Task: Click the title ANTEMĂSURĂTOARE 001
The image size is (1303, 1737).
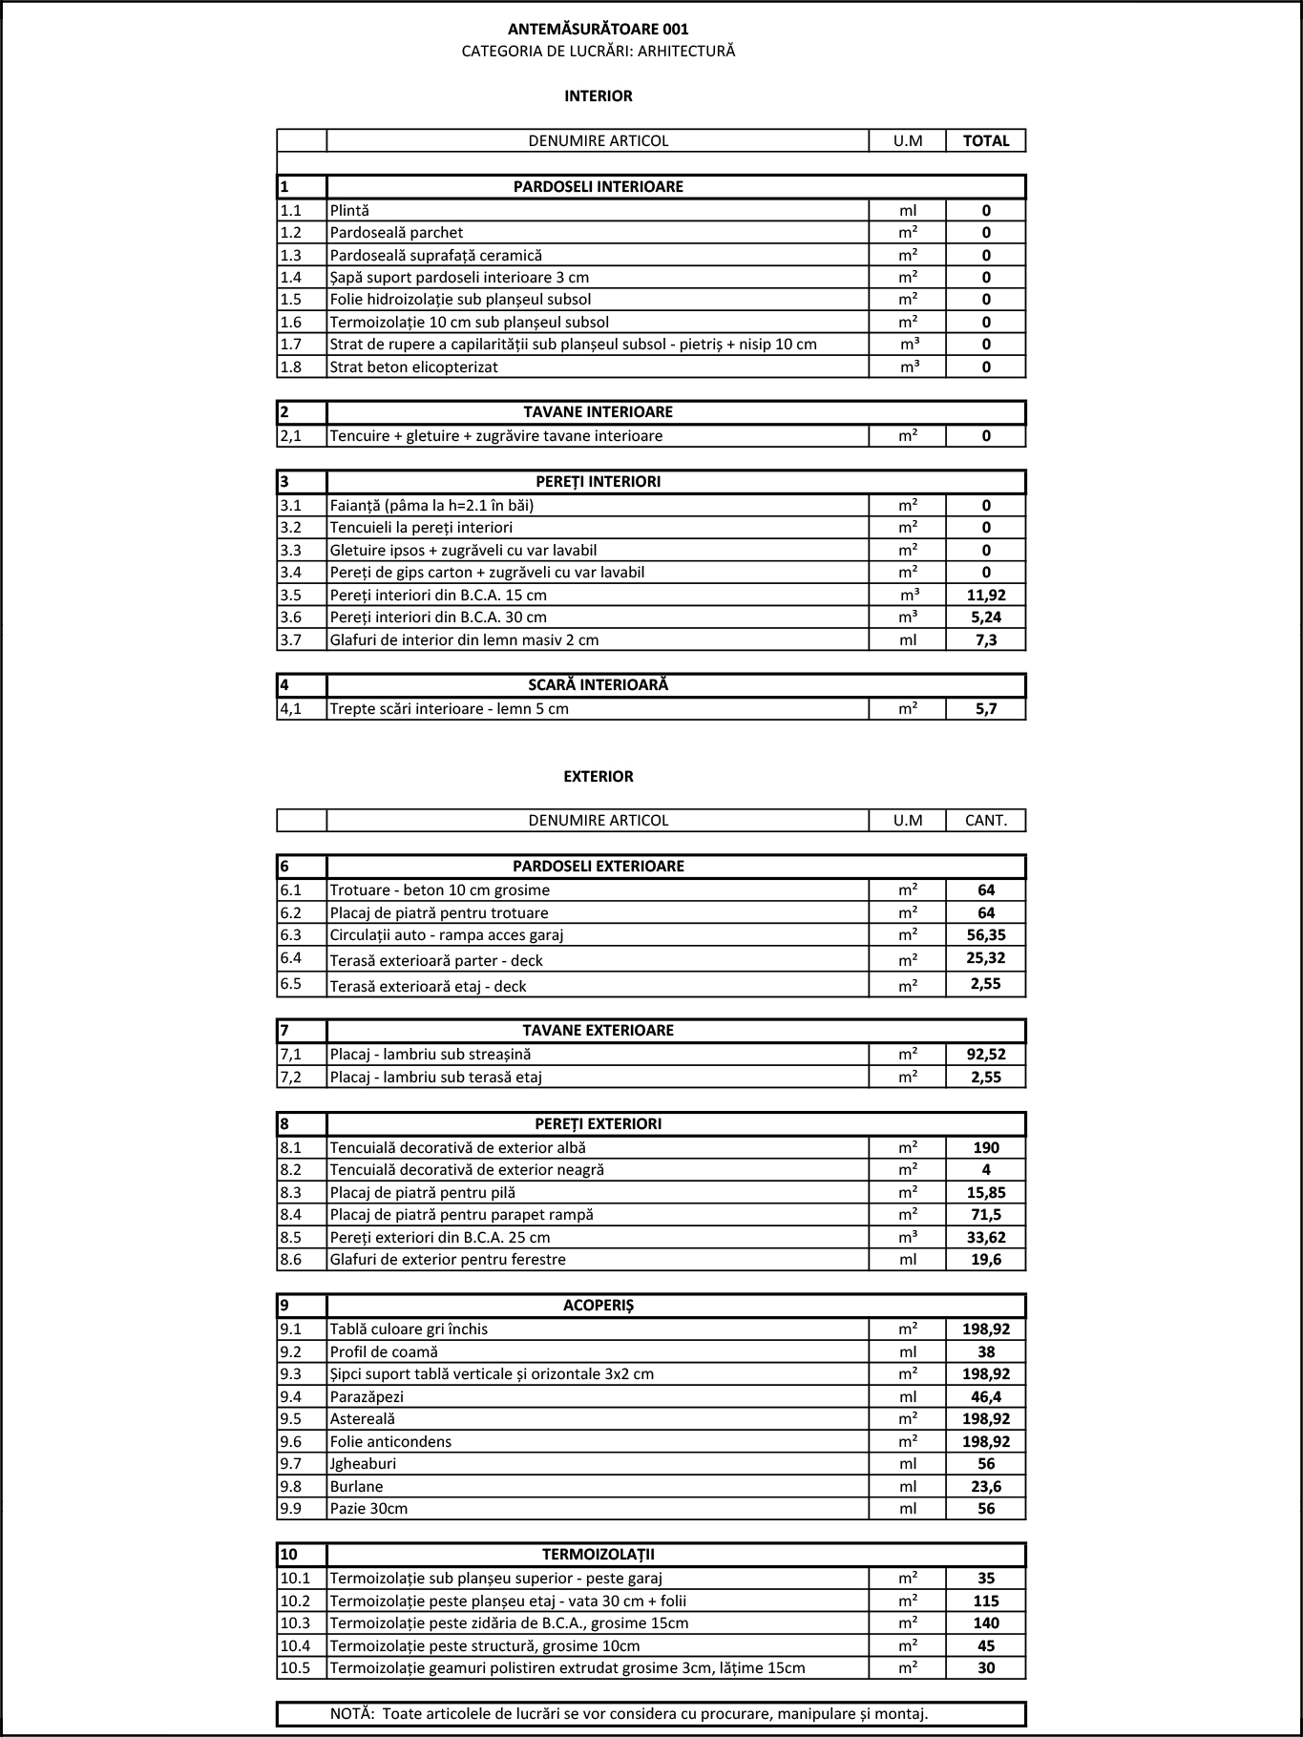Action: point(598,30)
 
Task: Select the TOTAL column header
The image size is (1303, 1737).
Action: point(986,140)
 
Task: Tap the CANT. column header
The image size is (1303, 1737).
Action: point(986,820)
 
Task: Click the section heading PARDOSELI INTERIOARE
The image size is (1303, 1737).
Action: point(598,186)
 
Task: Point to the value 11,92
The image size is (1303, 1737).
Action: point(986,595)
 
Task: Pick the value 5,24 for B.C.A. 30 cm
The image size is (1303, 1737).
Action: point(986,617)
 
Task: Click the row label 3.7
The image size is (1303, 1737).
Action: point(291,639)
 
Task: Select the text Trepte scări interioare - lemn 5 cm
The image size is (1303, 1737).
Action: point(449,708)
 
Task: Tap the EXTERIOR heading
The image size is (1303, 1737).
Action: point(598,776)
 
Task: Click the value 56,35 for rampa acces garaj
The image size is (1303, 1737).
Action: point(986,934)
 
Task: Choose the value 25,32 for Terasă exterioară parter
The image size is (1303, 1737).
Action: point(986,958)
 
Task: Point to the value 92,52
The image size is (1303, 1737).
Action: point(986,1055)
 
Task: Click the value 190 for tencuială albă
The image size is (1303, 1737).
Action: point(986,1147)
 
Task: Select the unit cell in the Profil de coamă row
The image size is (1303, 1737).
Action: point(908,1351)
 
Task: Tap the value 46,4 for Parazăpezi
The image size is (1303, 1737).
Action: point(986,1396)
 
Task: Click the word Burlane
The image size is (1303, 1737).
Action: point(356,1486)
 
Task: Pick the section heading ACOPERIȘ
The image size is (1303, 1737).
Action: point(598,1305)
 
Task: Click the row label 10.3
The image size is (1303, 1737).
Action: point(295,1622)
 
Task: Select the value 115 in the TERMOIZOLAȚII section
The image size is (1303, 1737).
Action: point(986,1601)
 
